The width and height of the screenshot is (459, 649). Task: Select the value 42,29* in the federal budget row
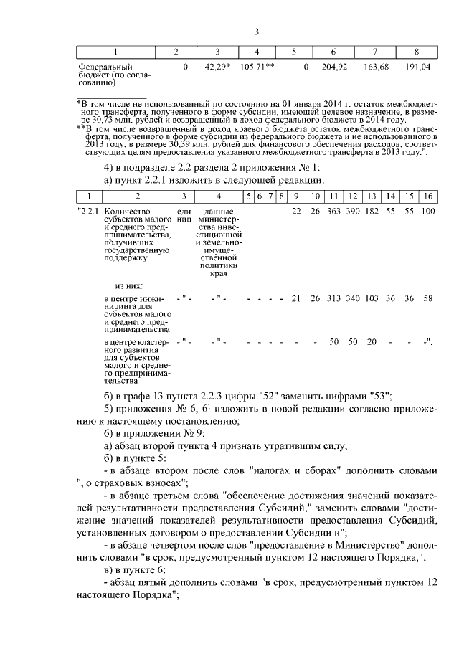[x=217, y=67]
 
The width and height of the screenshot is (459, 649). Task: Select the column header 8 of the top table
[x=417, y=52]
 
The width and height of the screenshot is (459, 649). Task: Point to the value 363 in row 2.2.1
[x=334, y=212]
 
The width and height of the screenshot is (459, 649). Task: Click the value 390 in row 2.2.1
[x=353, y=212]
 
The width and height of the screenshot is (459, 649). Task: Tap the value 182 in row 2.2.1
[x=372, y=212]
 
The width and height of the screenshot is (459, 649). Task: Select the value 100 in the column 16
[x=428, y=212]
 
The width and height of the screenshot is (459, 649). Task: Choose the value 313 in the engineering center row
[x=334, y=298]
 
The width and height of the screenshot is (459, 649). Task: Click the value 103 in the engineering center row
[x=372, y=298]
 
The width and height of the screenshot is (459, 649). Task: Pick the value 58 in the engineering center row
[x=428, y=298]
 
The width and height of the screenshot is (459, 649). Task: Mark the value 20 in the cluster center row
[x=372, y=342]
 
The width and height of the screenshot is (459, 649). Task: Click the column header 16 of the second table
[x=428, y=195]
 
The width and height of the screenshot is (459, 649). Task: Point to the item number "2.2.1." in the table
[x=88, y=212]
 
